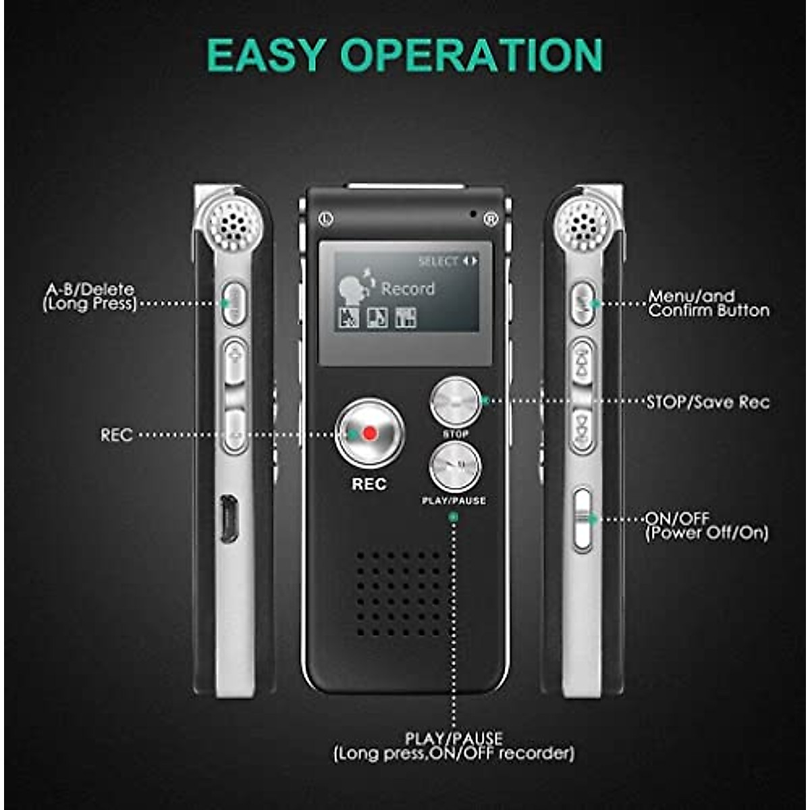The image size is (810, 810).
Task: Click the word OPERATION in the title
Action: click(472, 55)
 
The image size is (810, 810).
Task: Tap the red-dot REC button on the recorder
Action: click(369, 433)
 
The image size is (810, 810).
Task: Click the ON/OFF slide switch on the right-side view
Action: click(582, 518)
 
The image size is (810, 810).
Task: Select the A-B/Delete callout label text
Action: click(90, 297)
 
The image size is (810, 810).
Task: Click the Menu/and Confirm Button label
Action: click(708, 304)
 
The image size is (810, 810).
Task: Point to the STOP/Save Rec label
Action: click(707, 402)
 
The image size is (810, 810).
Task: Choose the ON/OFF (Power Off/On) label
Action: click(706, 526)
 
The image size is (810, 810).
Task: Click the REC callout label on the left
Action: click(116, 435)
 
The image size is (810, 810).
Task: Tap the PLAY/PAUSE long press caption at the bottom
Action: click(454, 746)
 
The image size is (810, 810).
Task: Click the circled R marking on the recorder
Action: click(490, 218)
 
